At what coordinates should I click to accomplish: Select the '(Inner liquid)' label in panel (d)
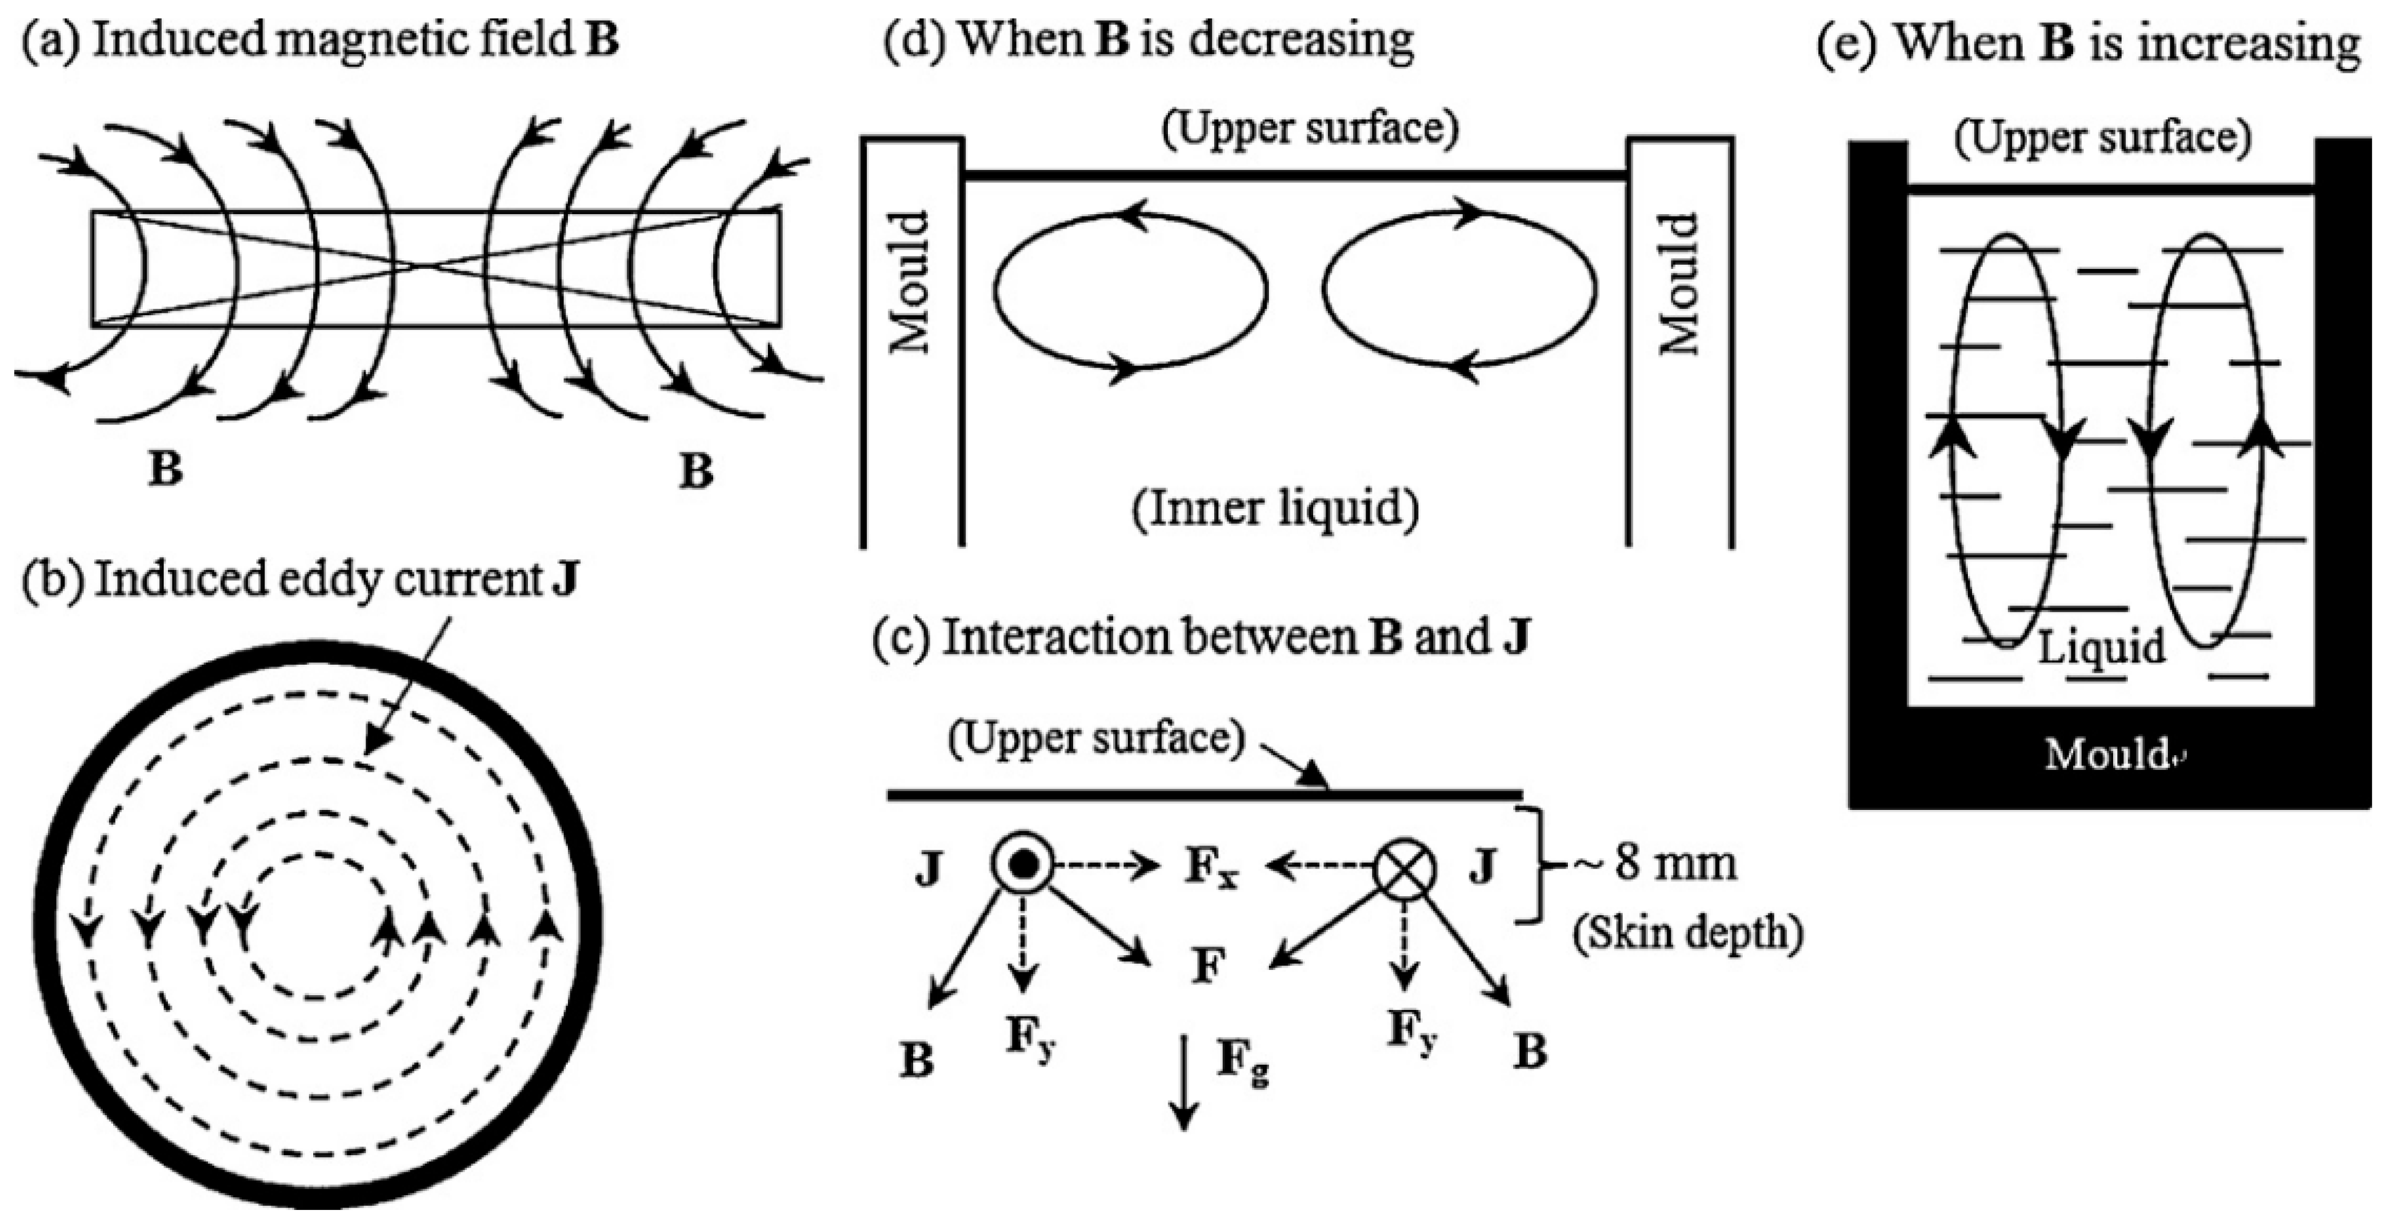[x=1275, y=508]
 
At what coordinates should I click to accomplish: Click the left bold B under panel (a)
[x=165, y=469]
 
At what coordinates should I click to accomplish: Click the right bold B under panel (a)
[x=696, y=471]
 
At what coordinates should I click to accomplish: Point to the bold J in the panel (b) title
[x=565, y=580]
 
